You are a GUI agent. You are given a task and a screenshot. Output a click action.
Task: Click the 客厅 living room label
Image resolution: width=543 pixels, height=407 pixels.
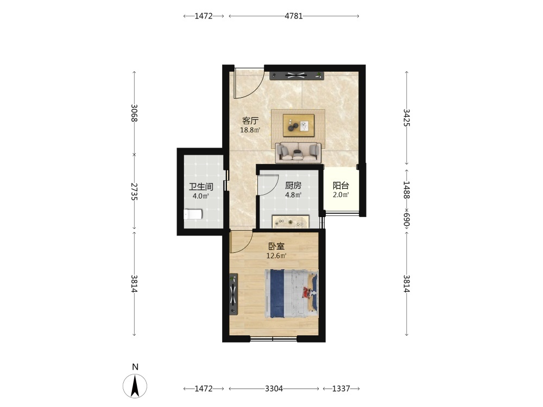250,121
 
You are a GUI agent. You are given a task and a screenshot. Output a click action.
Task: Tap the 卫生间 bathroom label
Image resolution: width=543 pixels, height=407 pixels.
201,187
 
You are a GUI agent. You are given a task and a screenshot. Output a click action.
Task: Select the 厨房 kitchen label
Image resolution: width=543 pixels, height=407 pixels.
293,186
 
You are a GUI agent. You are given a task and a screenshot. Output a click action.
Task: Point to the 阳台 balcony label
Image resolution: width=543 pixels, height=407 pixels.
341,186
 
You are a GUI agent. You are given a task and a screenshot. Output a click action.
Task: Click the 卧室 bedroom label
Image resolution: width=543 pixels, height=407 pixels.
276,246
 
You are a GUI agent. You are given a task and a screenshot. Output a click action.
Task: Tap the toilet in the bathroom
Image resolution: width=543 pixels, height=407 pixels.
193,214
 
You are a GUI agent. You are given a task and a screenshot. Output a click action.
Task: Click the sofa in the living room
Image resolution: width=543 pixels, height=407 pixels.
298,152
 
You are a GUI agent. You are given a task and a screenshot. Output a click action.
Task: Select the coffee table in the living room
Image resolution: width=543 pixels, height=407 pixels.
299,125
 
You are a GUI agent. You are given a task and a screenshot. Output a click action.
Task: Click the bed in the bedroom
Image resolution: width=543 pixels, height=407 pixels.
292,294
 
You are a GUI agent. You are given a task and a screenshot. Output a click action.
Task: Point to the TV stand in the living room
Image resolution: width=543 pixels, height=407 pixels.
297,76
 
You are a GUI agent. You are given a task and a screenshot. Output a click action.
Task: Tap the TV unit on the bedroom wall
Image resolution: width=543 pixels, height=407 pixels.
233,294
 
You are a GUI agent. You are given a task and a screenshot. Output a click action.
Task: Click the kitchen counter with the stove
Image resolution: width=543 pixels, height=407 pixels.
291,222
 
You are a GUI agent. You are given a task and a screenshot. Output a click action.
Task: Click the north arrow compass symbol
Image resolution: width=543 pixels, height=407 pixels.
135,385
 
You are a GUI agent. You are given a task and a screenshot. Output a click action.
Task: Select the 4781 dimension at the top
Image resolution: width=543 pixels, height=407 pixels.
294,16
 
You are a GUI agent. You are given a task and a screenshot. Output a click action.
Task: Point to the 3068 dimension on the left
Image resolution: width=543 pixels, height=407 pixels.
134,113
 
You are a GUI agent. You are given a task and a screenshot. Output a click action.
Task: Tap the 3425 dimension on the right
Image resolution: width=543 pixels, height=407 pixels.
407,118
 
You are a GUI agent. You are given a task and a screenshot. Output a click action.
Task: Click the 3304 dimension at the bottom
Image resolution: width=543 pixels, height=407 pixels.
274,389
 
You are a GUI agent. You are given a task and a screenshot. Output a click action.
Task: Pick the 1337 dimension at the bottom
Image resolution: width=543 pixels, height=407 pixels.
341,389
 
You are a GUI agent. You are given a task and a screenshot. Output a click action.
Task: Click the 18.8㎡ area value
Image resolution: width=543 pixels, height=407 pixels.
250,130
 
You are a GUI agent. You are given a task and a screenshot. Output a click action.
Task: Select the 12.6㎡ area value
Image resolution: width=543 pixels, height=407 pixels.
276,256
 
